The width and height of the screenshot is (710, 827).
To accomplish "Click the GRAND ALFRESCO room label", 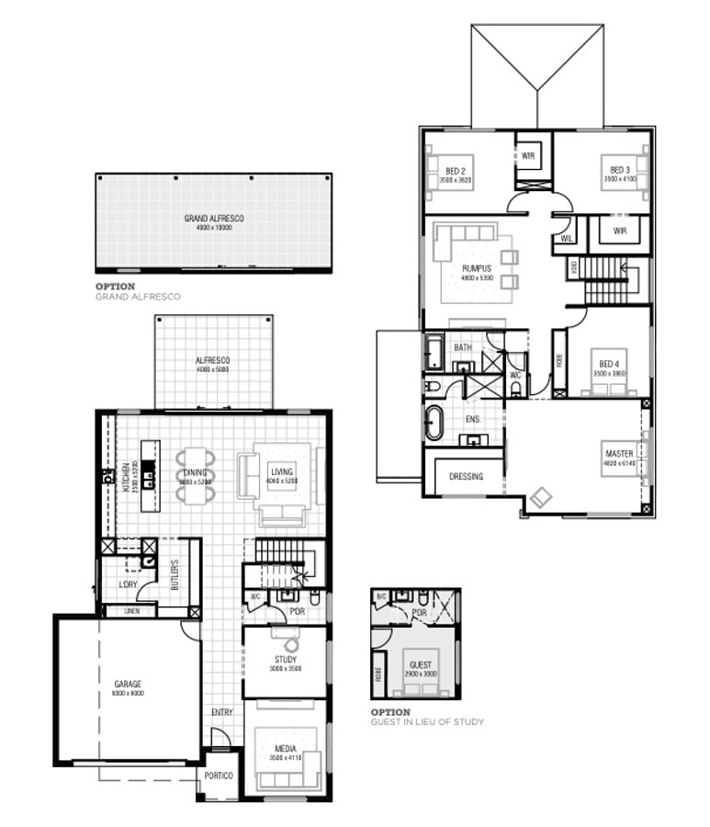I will click(x=214, y=219).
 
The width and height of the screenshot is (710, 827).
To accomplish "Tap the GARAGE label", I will click(x=128, y=685).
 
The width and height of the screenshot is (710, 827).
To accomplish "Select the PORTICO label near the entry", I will click(x=220, y=776).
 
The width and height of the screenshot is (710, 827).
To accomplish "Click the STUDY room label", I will click(x=285, y=660).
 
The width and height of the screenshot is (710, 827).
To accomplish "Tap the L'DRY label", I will click(x=128, y=585).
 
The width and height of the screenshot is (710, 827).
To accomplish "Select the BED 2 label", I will click(x=456, y=171).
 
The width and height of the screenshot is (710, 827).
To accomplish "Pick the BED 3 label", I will click(x=616, y=171).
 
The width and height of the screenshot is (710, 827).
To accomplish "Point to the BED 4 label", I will click(x=609, y=364).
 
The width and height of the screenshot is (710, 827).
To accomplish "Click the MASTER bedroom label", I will click(x=618, y=454).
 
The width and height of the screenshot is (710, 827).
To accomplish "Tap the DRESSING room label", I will click(x=467, y=477).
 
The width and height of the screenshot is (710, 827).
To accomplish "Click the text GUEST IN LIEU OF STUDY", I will click(x=427, y=721).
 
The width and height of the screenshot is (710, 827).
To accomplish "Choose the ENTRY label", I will click(x=221, y=712).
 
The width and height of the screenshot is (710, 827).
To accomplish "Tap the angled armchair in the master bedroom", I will click(x=540, y=499).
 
